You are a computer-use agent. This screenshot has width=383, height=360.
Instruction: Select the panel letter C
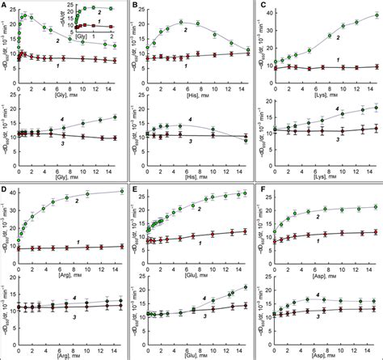tap(262, 7)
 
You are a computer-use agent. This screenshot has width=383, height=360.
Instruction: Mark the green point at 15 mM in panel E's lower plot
tap(246, 287)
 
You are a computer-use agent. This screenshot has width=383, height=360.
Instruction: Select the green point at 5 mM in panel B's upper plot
tap(182, 22)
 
